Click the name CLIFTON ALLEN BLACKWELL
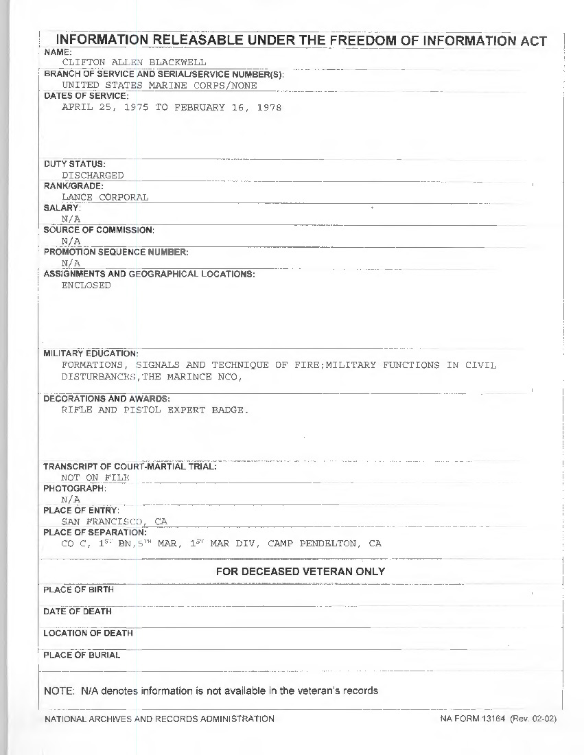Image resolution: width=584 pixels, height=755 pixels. point(134,62)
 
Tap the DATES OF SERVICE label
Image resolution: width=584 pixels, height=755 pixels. point(86,96)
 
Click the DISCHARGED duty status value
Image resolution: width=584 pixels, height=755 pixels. point(93,175)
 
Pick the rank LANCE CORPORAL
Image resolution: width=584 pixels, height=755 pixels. point(105,197)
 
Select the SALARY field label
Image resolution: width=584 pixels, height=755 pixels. point(62,207)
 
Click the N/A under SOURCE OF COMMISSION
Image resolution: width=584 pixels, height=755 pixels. point(71,241)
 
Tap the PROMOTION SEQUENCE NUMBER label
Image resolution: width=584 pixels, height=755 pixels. point(116,252)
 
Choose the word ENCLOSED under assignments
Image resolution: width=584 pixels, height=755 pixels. point(86,286)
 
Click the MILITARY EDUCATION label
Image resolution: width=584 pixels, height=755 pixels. point(91,353)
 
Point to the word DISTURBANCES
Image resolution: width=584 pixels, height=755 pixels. point(100,377)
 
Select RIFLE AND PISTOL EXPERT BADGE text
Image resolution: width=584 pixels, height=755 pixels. point(154,410)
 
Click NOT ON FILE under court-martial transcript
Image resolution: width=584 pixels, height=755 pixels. point(95,477)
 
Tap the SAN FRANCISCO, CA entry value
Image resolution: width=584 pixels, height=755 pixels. point(114,522)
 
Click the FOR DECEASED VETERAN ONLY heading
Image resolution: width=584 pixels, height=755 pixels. point(301,572)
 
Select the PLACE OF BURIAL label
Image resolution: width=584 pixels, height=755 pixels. point(82,655)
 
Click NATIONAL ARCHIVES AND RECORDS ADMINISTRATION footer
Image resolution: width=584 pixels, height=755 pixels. point(159,719)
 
